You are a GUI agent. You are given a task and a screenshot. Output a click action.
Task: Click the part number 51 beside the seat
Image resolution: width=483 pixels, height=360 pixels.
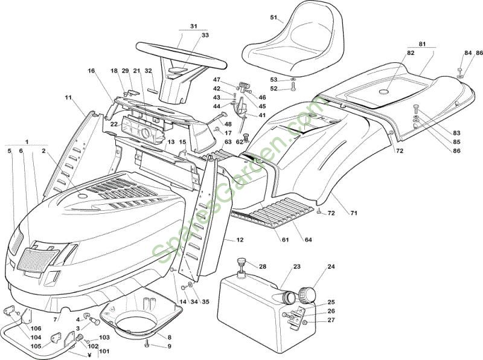click(274, 18)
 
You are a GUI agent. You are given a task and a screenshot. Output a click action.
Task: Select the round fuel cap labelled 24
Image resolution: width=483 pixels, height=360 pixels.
click(307, 294)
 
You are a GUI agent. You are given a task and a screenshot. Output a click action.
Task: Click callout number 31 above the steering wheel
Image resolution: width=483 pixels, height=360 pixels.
click(193, 27)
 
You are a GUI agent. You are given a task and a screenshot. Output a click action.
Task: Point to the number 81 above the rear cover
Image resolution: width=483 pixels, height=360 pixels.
click(422, 44)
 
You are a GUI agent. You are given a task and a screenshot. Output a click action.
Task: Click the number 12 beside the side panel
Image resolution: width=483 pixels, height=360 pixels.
click(240, 239)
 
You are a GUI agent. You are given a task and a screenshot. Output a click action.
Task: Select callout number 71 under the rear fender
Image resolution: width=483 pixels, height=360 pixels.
click(354, 213)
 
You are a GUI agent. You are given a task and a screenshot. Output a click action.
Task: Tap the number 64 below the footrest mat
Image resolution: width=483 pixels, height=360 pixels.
click(309, 239)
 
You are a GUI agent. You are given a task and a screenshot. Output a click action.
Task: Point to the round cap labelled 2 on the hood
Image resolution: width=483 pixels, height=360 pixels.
click(82, 196)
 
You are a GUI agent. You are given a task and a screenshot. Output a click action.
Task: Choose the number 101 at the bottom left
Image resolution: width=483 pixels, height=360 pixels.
click(104, 351)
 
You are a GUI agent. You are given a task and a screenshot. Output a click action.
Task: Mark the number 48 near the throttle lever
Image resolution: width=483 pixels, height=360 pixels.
click(228, 124)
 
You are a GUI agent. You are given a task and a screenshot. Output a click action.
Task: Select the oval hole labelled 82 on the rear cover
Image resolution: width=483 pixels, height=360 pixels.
click(383, 92)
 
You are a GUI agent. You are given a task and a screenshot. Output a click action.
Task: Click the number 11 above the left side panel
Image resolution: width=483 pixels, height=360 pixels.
click(68, 97)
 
